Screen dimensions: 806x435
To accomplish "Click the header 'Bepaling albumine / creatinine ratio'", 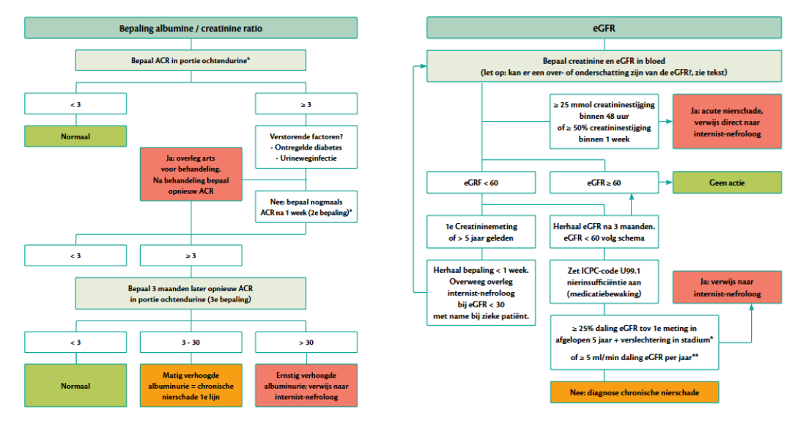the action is (191, 28).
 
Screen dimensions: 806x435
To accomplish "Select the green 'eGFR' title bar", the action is (604, 28).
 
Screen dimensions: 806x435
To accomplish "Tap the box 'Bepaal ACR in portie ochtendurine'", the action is (191, 60).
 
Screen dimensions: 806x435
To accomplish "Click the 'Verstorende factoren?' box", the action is (306, 147).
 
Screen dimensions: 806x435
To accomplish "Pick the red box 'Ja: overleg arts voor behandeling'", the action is (191, 174).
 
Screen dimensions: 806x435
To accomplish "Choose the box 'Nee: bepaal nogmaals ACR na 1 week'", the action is (306, 207).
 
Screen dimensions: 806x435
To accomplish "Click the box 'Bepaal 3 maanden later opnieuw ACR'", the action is (191, 293).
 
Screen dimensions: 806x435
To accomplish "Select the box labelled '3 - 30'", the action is (191, 343).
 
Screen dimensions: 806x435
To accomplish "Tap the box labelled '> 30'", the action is (306, 343).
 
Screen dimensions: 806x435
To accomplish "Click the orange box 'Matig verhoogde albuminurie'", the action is (191, 386).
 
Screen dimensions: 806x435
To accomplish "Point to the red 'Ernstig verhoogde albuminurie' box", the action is (306, 386).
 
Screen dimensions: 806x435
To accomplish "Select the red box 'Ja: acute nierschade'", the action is (727, 122).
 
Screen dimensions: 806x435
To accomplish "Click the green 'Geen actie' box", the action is (727, 182).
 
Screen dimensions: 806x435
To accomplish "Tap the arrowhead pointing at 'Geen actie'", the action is (669, 182).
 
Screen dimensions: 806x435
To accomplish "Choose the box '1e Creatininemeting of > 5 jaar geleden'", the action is (481, 232).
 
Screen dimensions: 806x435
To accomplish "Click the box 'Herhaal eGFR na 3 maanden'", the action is (604, 232).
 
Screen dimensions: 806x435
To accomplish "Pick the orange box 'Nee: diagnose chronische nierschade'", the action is (635, 392).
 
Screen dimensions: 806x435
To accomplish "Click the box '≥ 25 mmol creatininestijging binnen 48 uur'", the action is (604, 122).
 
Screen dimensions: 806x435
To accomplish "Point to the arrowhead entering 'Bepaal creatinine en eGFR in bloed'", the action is (423, 66).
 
